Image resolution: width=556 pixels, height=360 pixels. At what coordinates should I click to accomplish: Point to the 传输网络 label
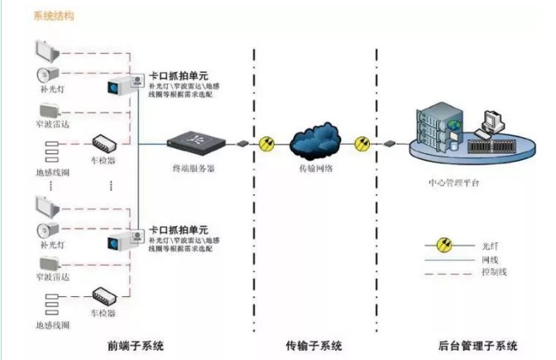pyautogui.click(x=315, y=168)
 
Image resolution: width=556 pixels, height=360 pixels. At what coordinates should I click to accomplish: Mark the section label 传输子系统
pyautogui.click(x=314, y=344)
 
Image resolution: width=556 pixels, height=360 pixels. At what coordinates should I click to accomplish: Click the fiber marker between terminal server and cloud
pyautogui.click(x=266, y=143)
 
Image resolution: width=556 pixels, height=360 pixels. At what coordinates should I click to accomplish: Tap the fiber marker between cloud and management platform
pyautogui.click(x=362, y=143)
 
